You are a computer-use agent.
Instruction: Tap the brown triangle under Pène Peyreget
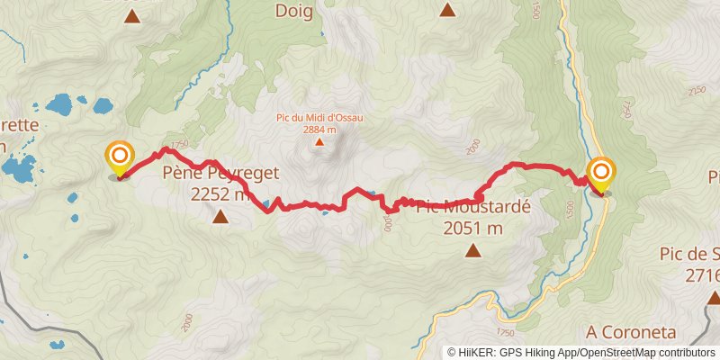(x=220, y=216)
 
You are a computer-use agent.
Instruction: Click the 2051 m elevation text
(x=472, y=228)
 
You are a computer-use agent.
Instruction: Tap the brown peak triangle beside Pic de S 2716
(x=713, y=297)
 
